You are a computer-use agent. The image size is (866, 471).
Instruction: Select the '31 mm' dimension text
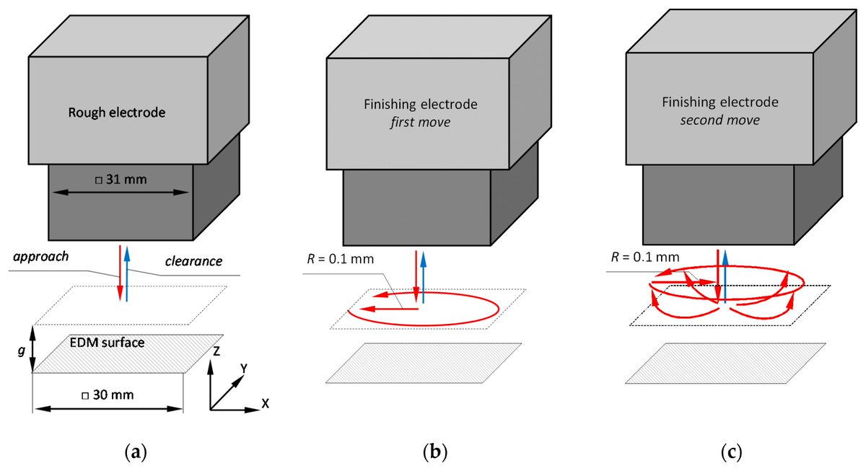point(121,179)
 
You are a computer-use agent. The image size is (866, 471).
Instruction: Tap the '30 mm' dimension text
point(107,395)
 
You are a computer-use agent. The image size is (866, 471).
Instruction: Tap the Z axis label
point(216,351)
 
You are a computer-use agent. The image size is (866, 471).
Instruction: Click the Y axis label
point(245,368)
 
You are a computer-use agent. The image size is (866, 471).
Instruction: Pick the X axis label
point(265,404)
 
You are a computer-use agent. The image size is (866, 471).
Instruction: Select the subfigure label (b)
point(434,453)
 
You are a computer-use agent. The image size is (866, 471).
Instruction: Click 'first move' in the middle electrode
point(419,123)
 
